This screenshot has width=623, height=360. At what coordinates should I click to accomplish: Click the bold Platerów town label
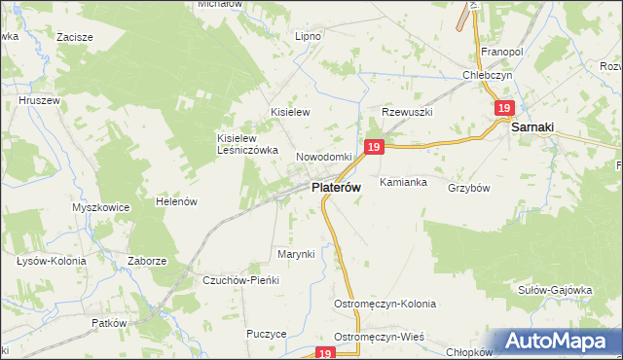tap(337, 187)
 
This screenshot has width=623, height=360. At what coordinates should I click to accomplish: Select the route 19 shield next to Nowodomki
tap(375, 147)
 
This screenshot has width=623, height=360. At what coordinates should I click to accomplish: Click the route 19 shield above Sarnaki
tap(503, 109)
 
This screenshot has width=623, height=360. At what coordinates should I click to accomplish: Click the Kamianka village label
tap(404, 182)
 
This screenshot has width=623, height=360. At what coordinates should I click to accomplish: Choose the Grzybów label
tap(468, 188)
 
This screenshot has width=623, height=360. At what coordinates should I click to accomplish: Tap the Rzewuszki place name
tap(406, 112)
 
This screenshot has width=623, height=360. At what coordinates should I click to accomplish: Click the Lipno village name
tap(308, 36)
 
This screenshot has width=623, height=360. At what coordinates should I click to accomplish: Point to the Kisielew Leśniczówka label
tap(247, 144)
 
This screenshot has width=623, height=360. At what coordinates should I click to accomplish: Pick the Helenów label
tap(177, 201)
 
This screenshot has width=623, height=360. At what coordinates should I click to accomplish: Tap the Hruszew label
tap(39, 99)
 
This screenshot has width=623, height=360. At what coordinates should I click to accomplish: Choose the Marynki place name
tap(297, 254)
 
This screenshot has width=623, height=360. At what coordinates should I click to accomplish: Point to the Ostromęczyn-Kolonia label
tap(385, 304)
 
